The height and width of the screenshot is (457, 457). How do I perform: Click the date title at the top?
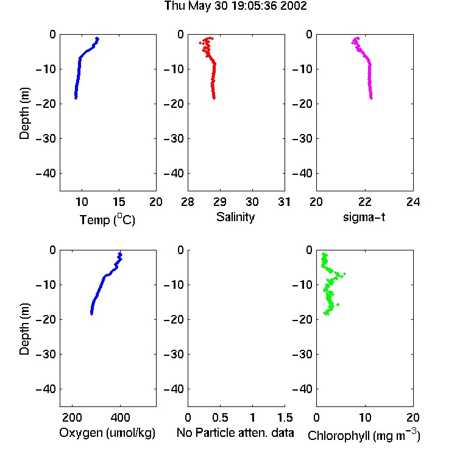pos(235,6)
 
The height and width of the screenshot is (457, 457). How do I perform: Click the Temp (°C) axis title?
pos(107,219)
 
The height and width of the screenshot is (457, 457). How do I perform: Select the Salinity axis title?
pos(235,217)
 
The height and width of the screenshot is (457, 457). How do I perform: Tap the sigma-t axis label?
pos(364,217)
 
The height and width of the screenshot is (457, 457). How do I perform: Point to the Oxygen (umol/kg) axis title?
pos(107,433)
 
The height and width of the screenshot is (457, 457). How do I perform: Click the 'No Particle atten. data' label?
pos(235,433)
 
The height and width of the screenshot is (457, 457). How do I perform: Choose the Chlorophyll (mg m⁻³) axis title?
pos(364,434)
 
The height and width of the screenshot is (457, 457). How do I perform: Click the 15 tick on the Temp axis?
pos(119,202)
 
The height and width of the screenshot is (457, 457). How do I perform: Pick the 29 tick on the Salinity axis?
pos(220,202)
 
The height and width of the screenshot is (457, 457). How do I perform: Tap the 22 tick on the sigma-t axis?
pos(365,202)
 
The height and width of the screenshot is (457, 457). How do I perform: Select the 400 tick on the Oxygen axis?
pos(120,417)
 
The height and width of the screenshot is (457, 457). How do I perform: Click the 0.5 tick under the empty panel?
pos(220,417)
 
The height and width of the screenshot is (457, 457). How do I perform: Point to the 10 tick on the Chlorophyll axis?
pos(365,417)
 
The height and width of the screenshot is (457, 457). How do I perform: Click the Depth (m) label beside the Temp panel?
pos(24,113)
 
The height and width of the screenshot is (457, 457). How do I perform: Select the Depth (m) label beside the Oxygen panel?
pos(24,329)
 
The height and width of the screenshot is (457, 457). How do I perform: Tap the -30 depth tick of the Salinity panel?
pos(174,139)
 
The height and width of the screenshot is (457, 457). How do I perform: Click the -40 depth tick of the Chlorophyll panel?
pos(302,389)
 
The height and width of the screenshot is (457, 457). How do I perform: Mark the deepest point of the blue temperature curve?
pos(76,98)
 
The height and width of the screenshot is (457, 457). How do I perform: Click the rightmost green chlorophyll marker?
pos(344,274)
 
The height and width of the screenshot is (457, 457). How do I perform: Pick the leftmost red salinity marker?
pos(200,43)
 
